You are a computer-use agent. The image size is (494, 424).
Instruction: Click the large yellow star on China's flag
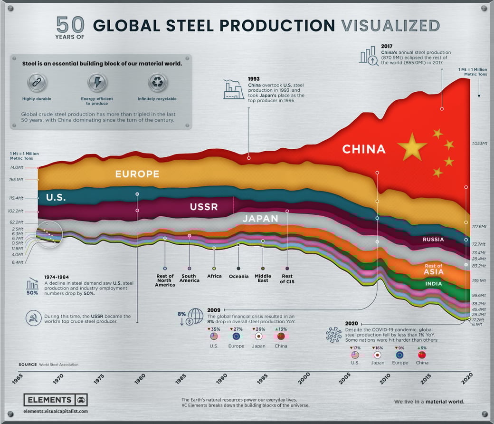coord(412,147)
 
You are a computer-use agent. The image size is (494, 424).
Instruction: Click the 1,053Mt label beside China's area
coord(480,143)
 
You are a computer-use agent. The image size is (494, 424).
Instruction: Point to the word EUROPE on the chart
coord(137,174)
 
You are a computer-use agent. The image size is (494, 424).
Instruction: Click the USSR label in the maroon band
coord(203,207)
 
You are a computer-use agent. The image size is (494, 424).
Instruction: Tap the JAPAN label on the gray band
coord(260,219)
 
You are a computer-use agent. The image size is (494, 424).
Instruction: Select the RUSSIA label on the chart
coord(433,240)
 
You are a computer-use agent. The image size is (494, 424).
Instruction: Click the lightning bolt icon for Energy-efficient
coord(97,82)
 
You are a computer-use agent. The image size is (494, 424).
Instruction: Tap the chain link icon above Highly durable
coord(37,82)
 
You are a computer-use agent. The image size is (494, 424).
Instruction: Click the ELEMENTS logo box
coord(55,400)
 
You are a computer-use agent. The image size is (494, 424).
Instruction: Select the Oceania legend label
coord(238,276)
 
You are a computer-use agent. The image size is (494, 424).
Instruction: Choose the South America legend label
coord(189,278)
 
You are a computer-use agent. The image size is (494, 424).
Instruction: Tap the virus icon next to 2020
coord(334,335)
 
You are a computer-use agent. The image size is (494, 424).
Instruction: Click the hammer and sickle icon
coord(33,319)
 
